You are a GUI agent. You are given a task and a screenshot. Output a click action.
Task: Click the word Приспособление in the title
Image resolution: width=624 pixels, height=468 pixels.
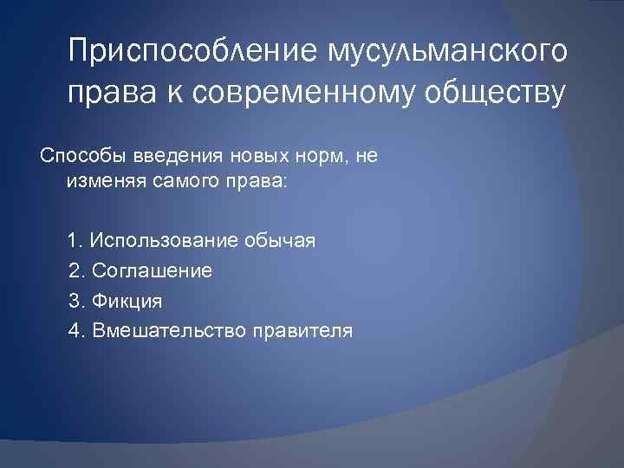pos(192,53)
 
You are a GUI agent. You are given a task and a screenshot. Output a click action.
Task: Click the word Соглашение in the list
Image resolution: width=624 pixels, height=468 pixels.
pos(152,271)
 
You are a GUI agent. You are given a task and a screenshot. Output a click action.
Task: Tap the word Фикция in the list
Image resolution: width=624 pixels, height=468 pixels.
pos(127,301)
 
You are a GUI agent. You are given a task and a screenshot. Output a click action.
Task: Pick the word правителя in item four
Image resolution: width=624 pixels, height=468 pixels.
pos(302,330)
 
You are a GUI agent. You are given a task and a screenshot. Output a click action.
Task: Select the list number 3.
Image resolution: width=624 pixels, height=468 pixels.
pos(74,301)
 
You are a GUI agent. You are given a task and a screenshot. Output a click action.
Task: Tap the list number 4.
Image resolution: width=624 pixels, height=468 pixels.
pos(74,330)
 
